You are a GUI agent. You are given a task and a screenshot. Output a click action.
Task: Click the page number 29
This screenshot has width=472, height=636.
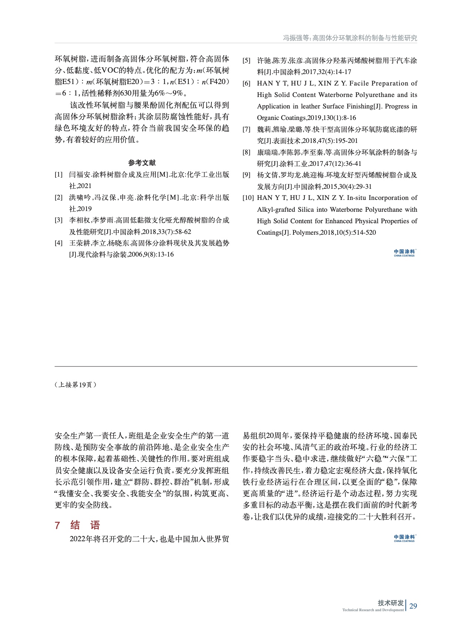(x=413, y=606)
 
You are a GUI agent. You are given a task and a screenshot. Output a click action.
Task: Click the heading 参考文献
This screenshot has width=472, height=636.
(x=142, y=163)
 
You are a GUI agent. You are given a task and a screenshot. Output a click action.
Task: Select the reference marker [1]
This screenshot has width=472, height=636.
(x=58, y=175)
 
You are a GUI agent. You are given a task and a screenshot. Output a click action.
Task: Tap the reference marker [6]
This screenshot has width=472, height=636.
(x=247, y=84)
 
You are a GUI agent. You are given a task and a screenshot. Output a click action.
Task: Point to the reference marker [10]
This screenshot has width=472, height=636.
(x=248, y=198)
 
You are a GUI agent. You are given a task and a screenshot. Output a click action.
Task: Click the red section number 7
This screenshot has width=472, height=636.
(x=57, y=525)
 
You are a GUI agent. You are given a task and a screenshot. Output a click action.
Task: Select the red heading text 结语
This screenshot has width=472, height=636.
(x=85, y=525)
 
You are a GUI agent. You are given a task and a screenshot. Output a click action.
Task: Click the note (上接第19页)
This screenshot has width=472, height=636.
(x=76, y=385)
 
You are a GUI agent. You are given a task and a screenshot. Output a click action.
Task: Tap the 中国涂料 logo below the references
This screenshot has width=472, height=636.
(x=404, y=253)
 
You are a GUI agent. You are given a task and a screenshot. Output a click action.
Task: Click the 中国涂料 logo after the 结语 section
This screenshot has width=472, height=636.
(x=404, y=538)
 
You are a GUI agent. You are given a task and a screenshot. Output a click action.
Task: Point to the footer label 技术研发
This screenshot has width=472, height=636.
(x=391, y=603)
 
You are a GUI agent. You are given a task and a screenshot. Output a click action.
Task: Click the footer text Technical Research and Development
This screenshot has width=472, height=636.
(x=373, y=610)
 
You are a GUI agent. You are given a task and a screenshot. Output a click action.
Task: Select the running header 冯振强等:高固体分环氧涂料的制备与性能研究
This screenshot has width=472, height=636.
(x=350, y=38)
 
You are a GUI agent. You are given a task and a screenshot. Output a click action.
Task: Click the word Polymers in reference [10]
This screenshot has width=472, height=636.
(x=305, y=232)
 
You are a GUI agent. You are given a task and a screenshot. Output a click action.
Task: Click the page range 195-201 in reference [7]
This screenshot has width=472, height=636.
(x=346, y=141)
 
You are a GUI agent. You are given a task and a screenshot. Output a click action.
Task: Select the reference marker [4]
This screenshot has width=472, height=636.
(x=58, y=243)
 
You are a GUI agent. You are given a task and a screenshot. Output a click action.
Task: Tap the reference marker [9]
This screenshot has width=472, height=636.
(x=247, y=175)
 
